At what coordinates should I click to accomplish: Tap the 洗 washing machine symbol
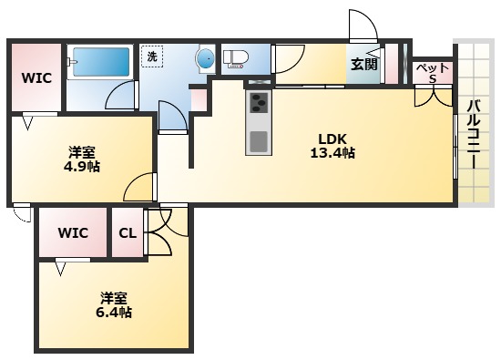coord(152,57)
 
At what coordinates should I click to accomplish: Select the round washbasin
coord(204,60)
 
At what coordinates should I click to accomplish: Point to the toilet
coord(236,59)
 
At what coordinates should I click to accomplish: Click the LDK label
coord(332,139)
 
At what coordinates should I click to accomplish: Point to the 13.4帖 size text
coord(332,153)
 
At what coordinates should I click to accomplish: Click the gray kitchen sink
coord(259,141)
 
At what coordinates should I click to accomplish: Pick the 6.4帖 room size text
coord(113,313)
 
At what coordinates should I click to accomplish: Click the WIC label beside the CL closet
coord(74,232)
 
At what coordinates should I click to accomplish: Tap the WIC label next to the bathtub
coord(36,77)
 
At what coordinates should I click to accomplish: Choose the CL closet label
coord(128,232)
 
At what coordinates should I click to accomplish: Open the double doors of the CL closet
coord(158,231)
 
